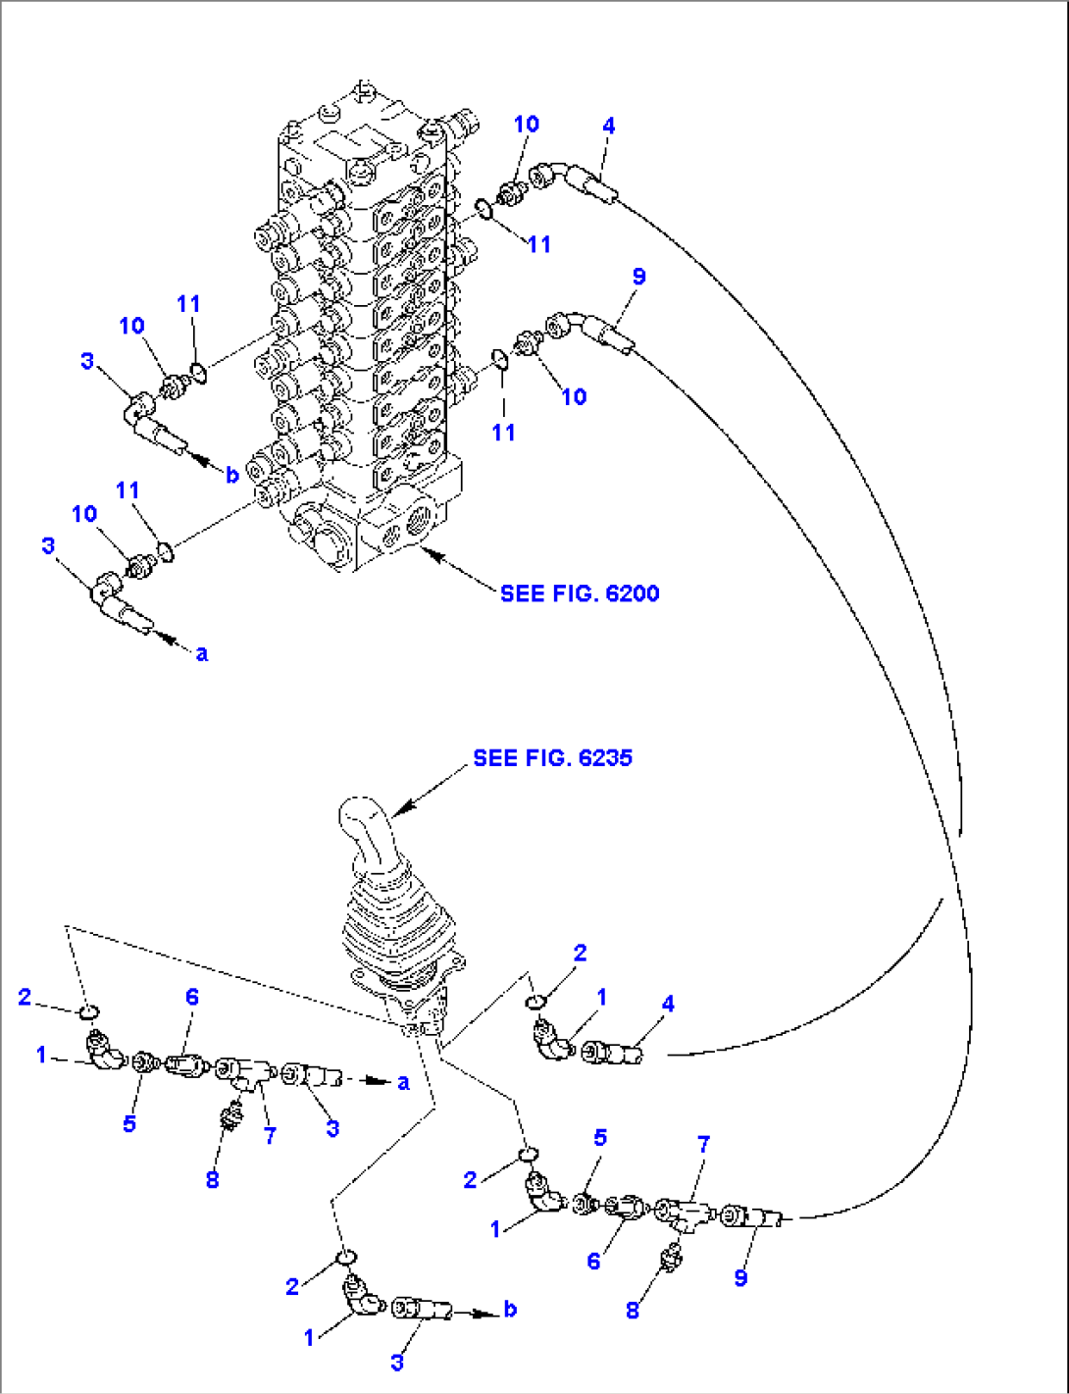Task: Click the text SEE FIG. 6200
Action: [x=579, y=594]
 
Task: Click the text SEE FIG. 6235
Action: [x=552, y=758]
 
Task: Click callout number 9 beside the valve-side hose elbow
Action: [x=638, y=277]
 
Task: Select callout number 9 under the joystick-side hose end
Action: [x=740, y=1277]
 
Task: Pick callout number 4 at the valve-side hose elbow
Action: [x=609, y=126]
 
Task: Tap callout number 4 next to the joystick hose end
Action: [x=668, y=1004]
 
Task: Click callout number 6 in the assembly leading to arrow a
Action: [x=192, y=998]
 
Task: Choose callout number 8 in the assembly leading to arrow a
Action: [x=212, y=1179]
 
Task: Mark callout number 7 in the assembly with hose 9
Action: [x=703, y=1145]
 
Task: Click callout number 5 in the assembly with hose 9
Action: [x=600, y=1138]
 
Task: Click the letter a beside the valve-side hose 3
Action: [x=202, y=653]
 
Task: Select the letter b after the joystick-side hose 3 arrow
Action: [x=510, y=1310]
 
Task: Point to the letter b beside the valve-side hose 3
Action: [x=231, y=475]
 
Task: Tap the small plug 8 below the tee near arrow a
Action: [x=232, y=1116]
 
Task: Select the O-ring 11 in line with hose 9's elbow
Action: [x=499, y=359]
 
